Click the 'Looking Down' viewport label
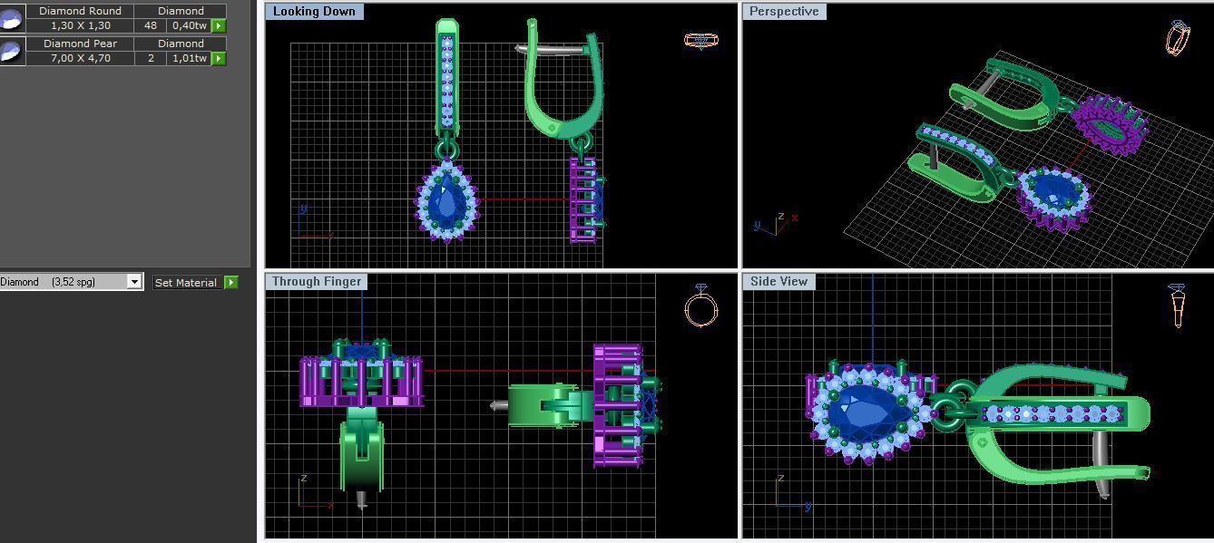tap(314, 12)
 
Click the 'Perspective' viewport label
tap(784, 12)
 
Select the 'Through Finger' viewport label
tap(317, 282)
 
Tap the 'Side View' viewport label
tap(778, 282)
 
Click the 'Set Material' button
tap(186, 283)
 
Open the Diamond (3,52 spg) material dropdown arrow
tap(134, 282)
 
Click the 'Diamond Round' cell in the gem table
tap(80, 11)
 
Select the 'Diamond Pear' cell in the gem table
tap(80, 44)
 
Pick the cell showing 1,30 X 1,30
tap(80, 25)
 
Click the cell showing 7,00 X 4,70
tap(80, 58)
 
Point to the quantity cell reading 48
tap(151, 25)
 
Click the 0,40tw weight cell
tap(189, 25)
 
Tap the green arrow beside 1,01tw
tap(219, 58)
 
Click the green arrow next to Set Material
tap(231, 283)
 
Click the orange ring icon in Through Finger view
tap(701, 306)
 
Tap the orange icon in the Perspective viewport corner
tap(1177, 38)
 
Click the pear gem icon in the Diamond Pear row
tap(11, 51)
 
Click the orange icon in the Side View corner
tap(1177, 305)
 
